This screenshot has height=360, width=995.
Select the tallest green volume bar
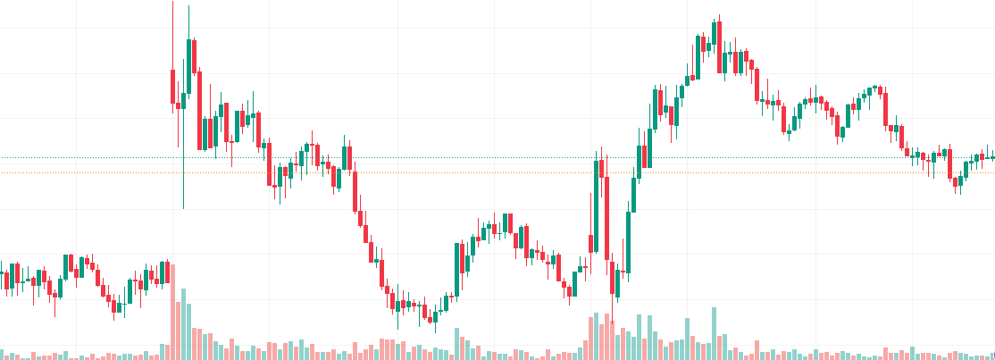pos(183,323)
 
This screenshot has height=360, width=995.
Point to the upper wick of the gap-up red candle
pos(171,36)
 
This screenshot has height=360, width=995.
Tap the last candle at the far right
pos(991,157)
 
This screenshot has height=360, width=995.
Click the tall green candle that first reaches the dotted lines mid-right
pos(595,205)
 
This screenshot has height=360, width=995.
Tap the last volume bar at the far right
pos(991,356)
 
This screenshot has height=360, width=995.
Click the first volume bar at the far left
pos(2,355)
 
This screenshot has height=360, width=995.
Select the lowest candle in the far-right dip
pos(957,184)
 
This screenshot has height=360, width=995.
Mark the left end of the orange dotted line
pos(2,172)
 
